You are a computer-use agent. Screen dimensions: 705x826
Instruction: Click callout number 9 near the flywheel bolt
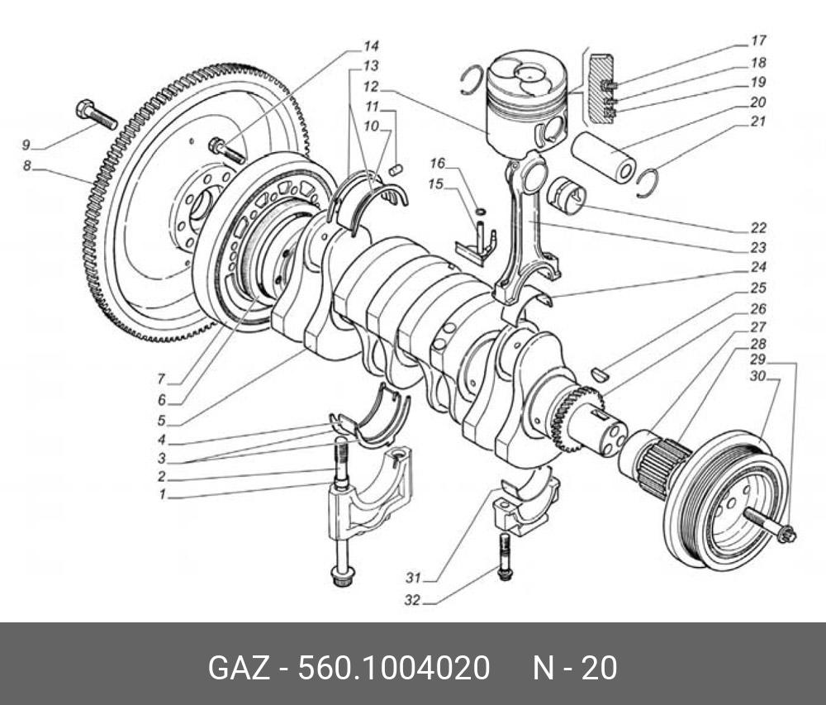tap(26, 145)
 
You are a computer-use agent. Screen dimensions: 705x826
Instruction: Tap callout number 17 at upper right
tap(758, 40)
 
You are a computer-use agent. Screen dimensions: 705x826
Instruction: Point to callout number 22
tap(758, 228)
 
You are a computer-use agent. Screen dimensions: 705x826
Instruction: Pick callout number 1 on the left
tap(164, 495)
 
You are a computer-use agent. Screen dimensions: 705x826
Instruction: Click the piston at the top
tap(525, 99)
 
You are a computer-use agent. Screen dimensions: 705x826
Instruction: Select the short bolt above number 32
tap(504, 555)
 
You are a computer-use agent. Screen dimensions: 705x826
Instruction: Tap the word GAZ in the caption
tap(239, 668)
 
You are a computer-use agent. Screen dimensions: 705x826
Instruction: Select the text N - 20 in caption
tap(573, 668)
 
